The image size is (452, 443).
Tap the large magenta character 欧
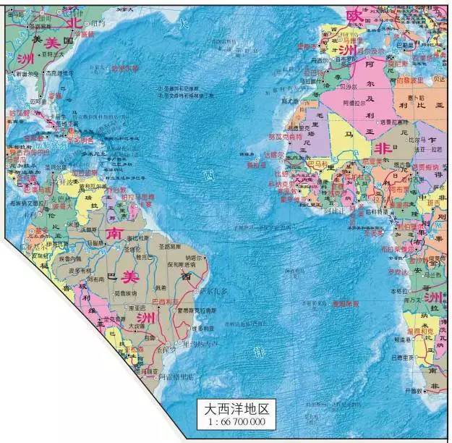tap(354, 15)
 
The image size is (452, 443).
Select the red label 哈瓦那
tap(20, 114)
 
